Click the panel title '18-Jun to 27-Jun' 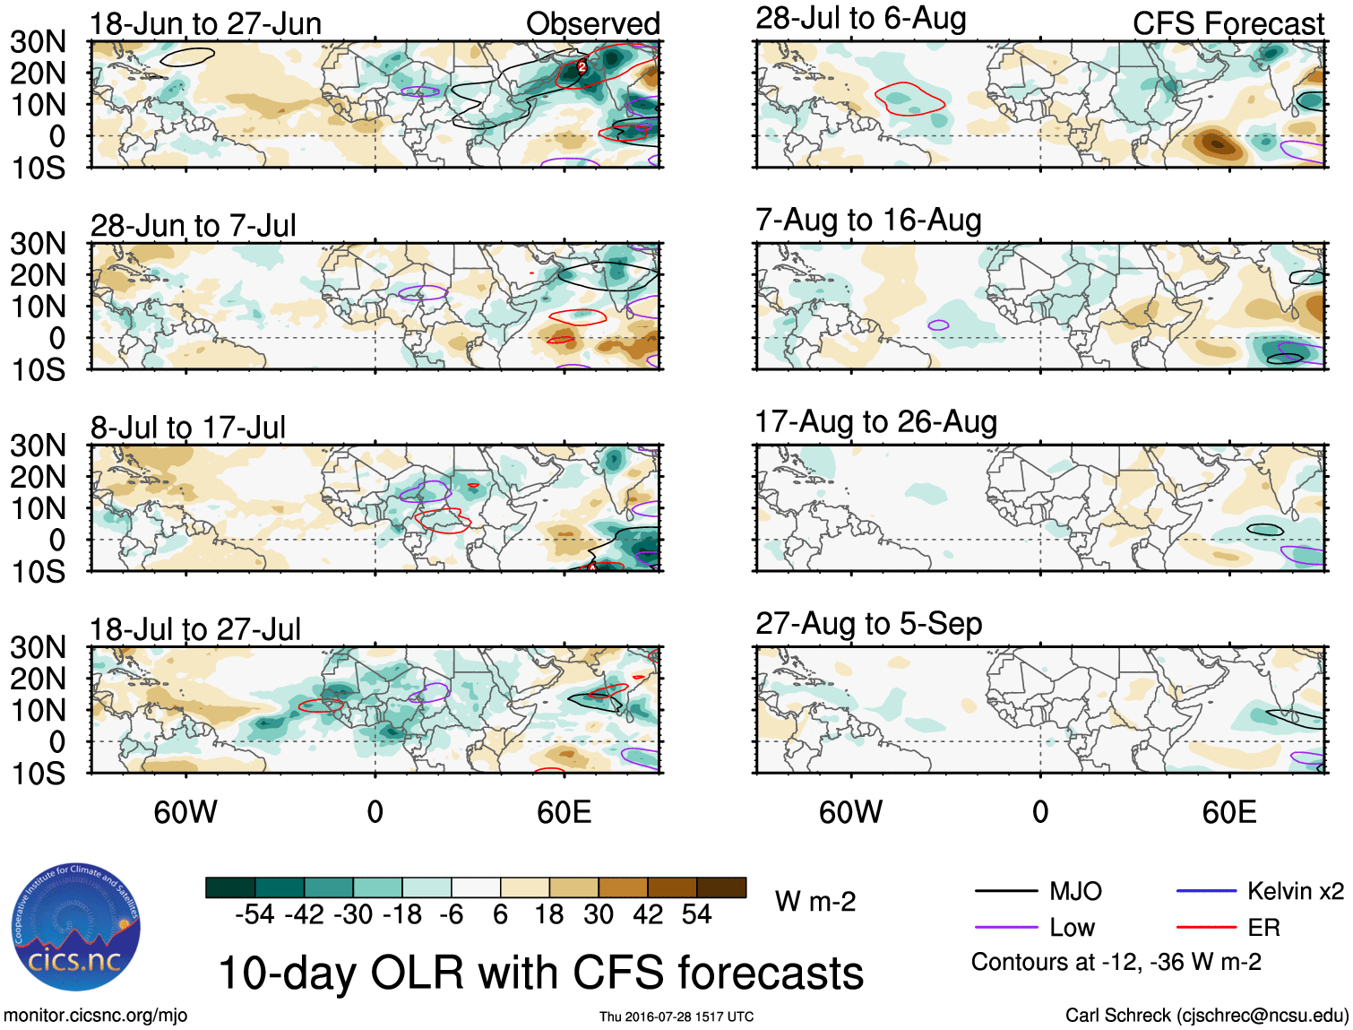point(205,24)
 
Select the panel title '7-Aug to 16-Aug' point(868,221)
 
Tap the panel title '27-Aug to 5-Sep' point(868,624)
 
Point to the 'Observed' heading point(592,24)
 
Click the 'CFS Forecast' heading point(1228,24)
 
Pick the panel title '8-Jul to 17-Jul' point(188,428)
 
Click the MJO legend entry point(1075,891)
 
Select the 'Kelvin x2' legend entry point(1295,891)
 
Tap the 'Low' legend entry point(1072,928)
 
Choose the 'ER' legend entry point(1263,928)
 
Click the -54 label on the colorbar point(254,914)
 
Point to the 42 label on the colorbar point(648,914)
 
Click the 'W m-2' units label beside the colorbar point(815,902)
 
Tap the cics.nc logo point(76,927)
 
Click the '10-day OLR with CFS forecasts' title point(540,974)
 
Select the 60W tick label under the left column point(185,812)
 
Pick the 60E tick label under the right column point(1229,812)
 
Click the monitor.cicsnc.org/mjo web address point(96,1016)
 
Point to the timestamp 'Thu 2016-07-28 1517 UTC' point(676,1017)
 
